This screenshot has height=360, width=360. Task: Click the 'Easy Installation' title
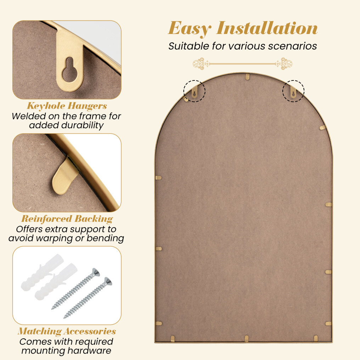243,28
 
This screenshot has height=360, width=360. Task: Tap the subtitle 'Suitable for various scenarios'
243,46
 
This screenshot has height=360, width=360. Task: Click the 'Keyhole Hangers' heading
67,106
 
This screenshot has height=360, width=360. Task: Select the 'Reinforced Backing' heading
67,219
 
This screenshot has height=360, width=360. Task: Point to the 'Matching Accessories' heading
67,331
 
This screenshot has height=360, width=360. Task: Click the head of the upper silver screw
96,272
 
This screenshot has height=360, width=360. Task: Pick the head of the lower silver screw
108,281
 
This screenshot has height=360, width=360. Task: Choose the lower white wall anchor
56,281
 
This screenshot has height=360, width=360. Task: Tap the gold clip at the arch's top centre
247,77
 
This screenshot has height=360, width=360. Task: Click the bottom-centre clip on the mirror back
246,338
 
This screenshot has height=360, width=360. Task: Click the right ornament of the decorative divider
284,63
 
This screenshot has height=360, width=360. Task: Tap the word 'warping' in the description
55,238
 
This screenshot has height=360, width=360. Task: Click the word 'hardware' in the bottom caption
89,350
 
